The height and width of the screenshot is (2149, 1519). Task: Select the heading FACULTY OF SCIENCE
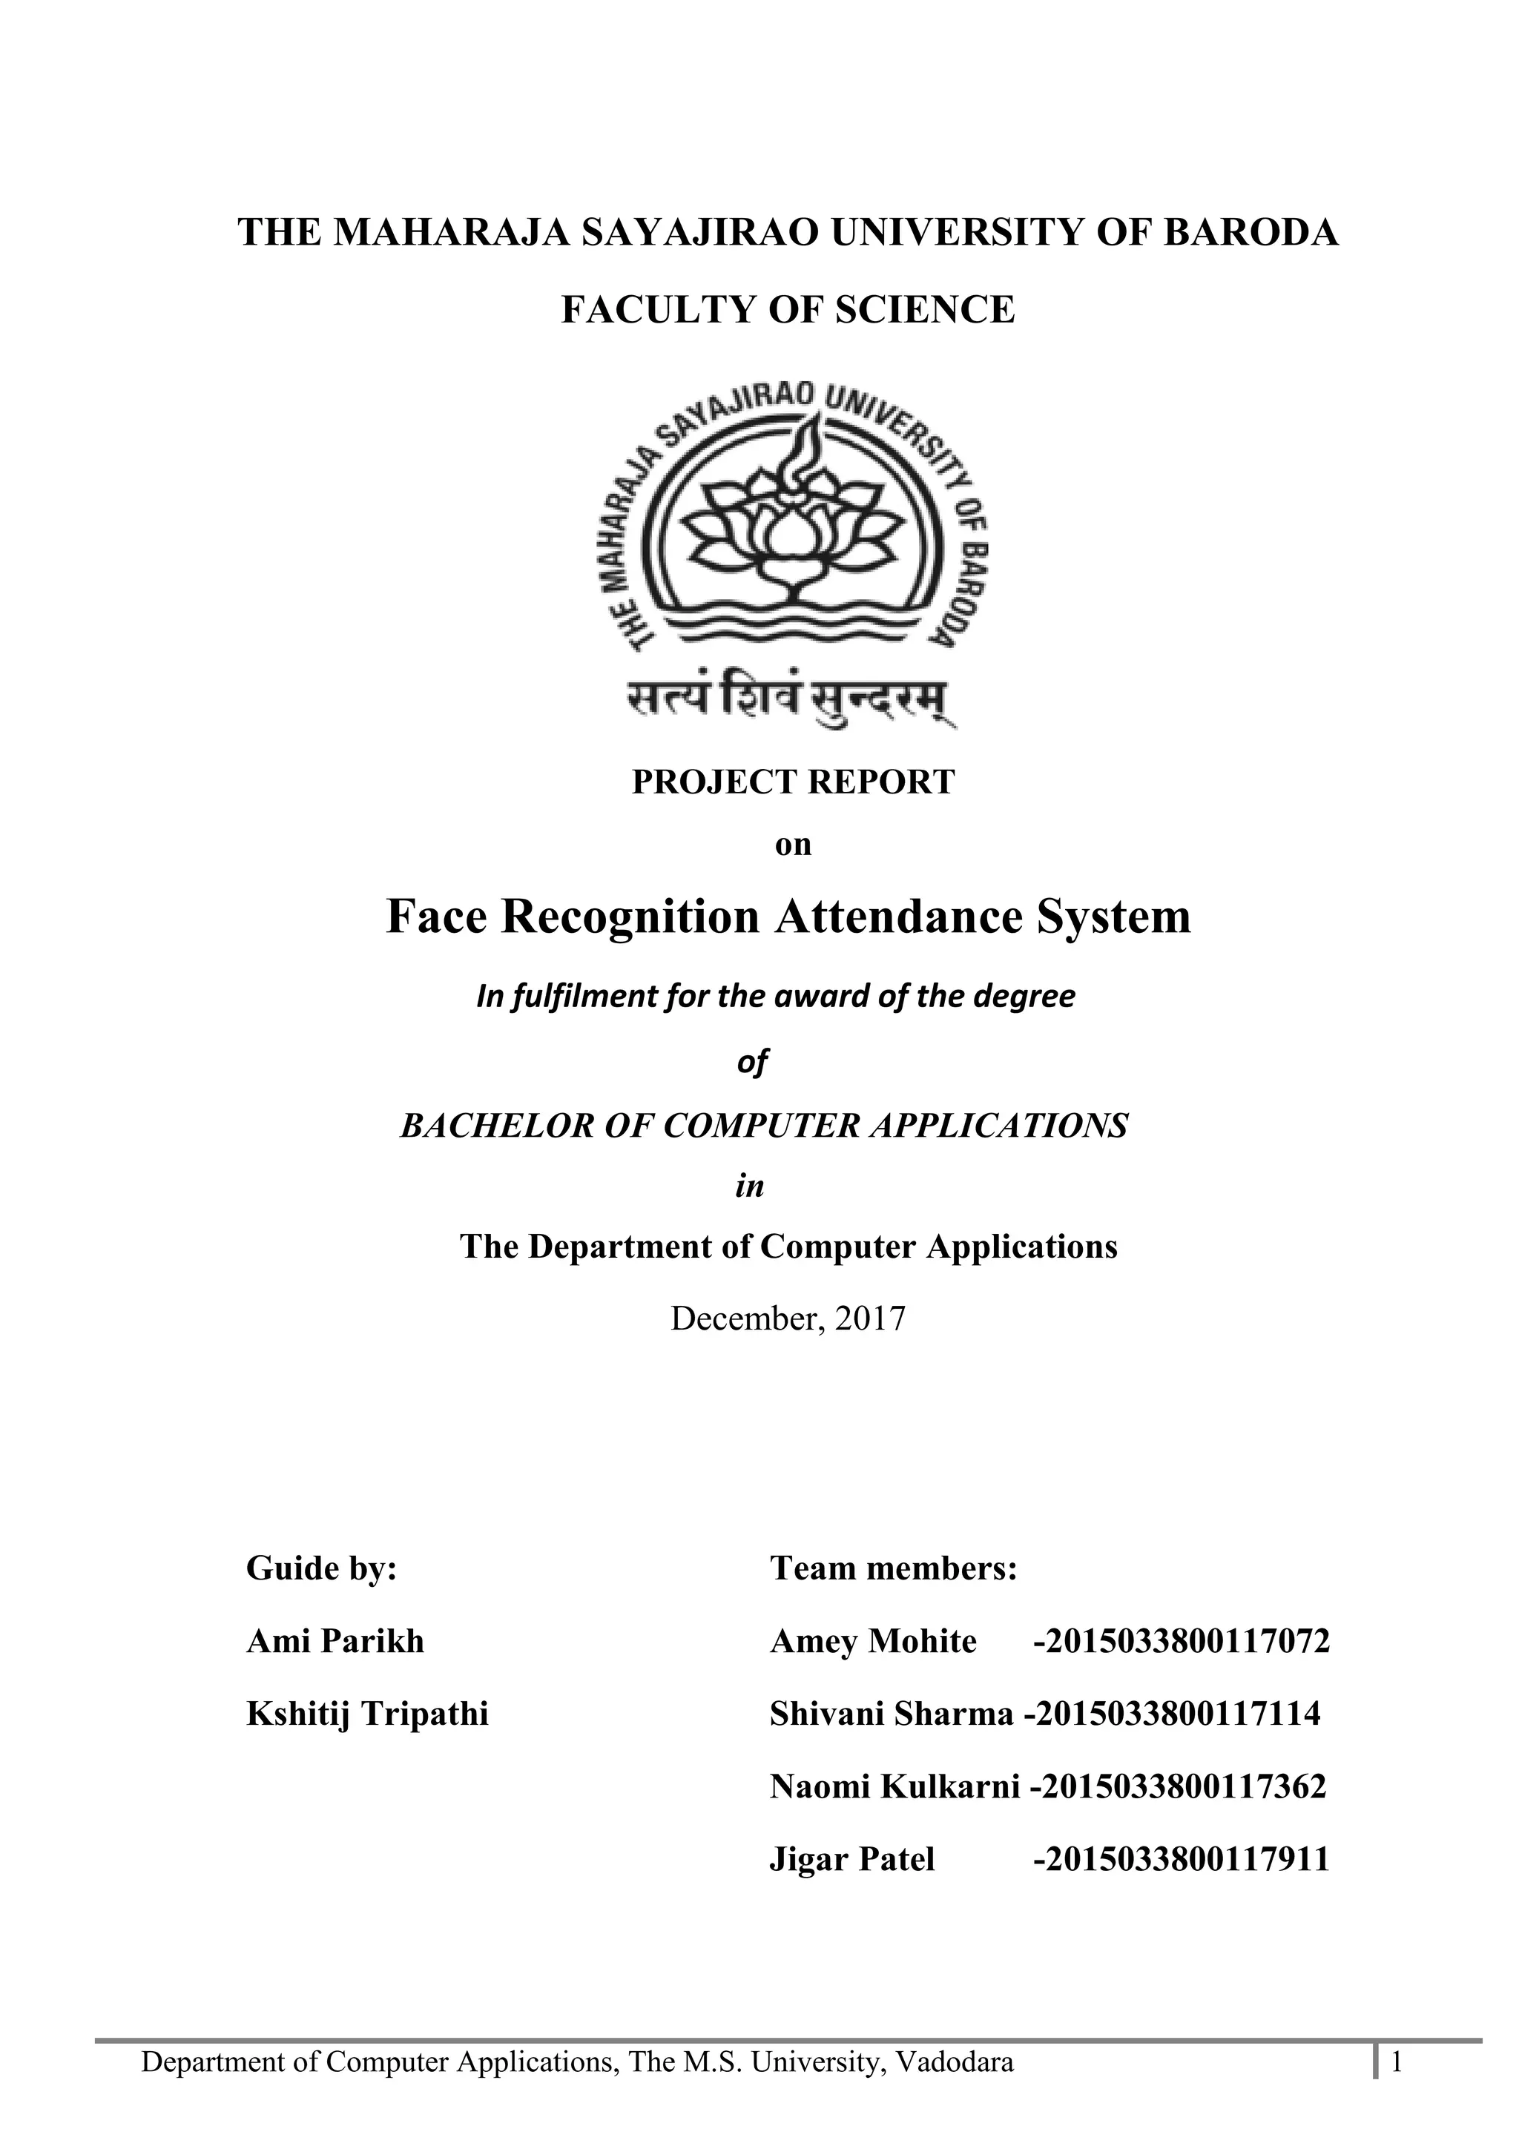[x=787, y=310]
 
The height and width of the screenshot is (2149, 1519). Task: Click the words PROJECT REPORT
[x=793, y=782]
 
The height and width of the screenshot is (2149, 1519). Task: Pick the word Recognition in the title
[x=630, y=917]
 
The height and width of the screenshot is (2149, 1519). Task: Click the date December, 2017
[x=788, y=1318]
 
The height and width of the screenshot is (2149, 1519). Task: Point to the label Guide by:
[x=322, y=1568]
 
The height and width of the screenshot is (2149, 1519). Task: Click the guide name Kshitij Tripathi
[x=367, y=1714]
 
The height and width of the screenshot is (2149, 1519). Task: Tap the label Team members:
[x=893, y=1568]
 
